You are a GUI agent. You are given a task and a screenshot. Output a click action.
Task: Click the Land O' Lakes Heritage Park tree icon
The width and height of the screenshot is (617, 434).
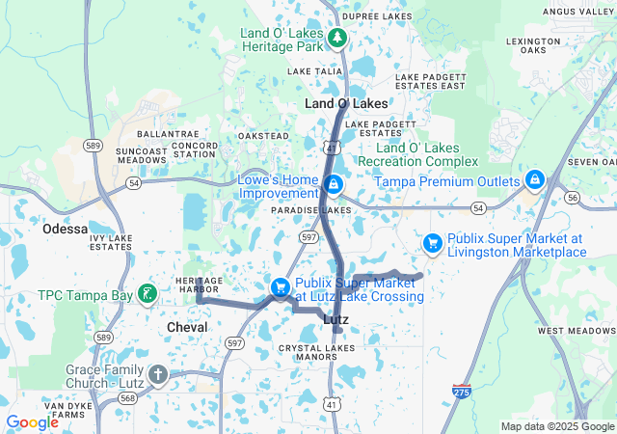337,38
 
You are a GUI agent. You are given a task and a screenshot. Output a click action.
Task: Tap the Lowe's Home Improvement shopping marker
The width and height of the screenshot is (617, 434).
332,183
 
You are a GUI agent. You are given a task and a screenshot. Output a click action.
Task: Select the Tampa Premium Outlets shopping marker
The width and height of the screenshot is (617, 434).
535,179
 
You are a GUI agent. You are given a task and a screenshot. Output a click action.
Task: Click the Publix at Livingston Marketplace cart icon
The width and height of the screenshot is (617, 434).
434,244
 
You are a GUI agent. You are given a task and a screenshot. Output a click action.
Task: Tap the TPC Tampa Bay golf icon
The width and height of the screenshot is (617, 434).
147,293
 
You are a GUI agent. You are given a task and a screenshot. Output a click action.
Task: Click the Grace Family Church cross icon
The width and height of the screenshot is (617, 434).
158,374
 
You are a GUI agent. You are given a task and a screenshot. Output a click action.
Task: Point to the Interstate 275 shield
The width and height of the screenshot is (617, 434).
462,392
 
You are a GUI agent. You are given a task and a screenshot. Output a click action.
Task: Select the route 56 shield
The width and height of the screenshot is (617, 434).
572,197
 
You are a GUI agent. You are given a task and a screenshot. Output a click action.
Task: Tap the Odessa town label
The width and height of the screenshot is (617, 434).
67,230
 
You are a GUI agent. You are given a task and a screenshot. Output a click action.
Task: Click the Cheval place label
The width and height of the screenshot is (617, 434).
187,328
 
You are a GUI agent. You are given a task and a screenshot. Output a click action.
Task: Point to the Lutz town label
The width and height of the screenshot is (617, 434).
335,319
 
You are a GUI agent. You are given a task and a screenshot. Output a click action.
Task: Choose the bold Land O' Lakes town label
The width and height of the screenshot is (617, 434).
346,103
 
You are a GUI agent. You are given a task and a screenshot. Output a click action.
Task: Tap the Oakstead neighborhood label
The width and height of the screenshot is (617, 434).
263,136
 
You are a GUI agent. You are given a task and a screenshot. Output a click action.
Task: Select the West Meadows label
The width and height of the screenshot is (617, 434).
577,331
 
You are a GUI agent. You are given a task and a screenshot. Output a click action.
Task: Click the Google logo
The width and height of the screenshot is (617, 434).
32,422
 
